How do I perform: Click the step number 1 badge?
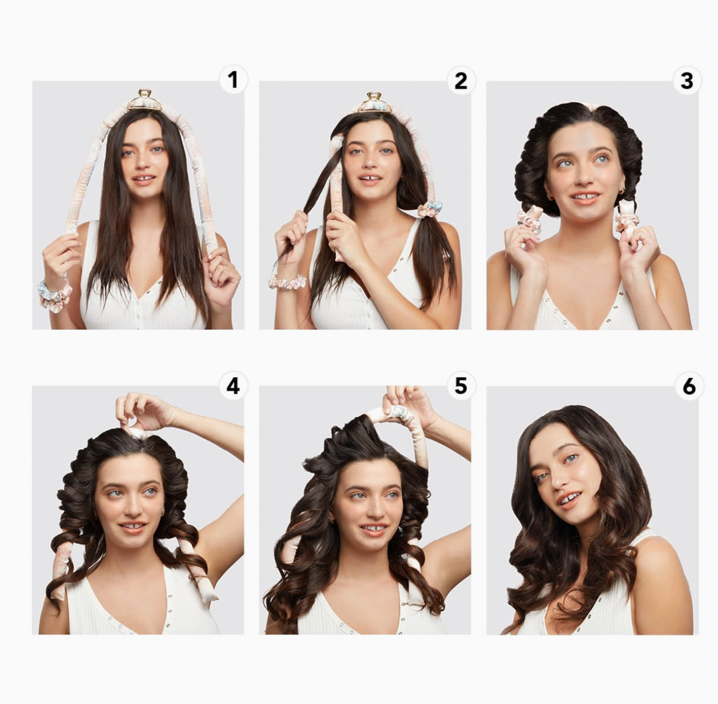pyautogui.click(x=233, y=80)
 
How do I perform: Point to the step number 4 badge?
pyautogui.click(x=233, y=386)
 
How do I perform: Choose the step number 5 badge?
pyautogui.click(x=461, y=386)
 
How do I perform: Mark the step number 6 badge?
pyautogui.click(x=689, y=386)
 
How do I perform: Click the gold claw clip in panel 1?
pyautogui.click(x=145, y=100)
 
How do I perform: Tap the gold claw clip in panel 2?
pyautogui.click(x=373, y=103)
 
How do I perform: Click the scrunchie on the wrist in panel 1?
pyautogui.click(x=54, y=296)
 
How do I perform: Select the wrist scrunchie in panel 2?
pyautogui.click(x=287, y=282)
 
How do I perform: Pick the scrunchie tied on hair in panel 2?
pyautogui.click(x=430, y=209)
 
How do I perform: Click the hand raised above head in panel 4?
pyautogui.click(x=143, y=411)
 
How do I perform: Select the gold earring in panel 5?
pyautogui.click(x=331, y=520)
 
